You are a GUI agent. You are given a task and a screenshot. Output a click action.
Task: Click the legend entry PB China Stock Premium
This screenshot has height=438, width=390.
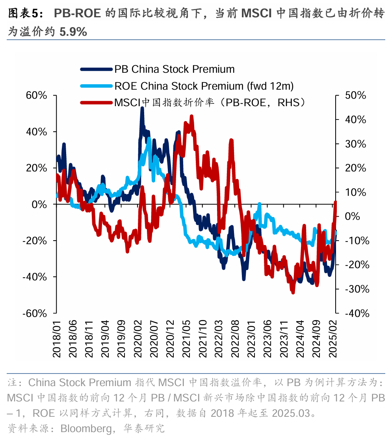coord(174,69)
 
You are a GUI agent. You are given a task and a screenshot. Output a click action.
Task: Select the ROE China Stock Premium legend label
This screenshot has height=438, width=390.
coord(204,86)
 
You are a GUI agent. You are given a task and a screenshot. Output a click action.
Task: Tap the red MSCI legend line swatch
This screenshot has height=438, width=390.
coord(96,103)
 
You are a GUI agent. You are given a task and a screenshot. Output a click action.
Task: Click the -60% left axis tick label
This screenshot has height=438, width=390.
coord(35,313)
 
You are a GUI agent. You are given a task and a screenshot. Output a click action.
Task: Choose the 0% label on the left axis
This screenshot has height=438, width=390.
coord(40,204)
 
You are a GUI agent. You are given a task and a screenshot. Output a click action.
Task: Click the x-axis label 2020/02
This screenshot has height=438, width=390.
coord(139,338)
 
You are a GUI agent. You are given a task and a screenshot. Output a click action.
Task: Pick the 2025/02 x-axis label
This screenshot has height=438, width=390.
coord(334,338)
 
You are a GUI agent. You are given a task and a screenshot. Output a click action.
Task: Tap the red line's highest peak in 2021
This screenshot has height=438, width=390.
coord(191,116)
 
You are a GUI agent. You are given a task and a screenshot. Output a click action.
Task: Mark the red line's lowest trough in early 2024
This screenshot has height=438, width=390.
coord(293,292)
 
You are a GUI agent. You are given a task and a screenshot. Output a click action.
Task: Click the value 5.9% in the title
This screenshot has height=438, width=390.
coord(73,31)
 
